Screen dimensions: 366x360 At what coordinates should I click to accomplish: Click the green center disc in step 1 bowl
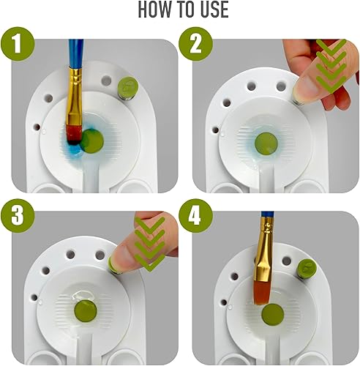(x=93, y=139)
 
